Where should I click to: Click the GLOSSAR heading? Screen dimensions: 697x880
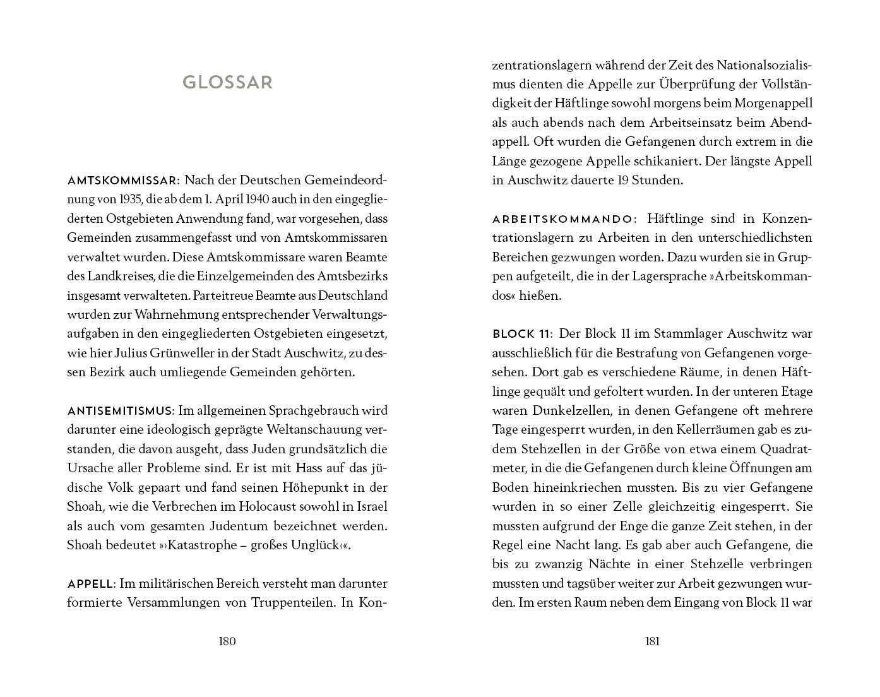pos(227,83)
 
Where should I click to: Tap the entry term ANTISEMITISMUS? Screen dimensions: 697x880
pos(120,411)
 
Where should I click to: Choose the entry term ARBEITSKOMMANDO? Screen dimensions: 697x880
pos(562,219)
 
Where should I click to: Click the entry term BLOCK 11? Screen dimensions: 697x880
pos(521,334)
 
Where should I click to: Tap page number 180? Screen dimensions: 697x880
pos(227,641)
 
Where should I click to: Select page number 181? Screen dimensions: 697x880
pos(652,641)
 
